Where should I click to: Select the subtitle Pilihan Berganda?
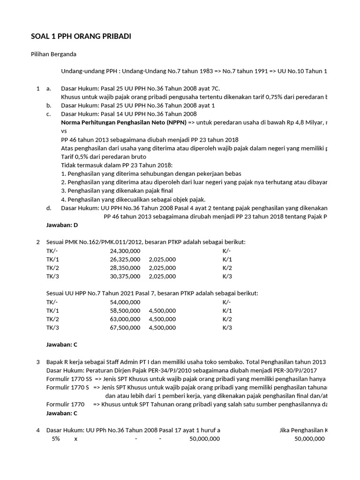point(54,54)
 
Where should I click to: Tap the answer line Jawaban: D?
point(62,225)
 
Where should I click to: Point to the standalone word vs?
point(64,131)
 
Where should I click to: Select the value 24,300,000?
point(125,251)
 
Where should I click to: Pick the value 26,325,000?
point(125,259)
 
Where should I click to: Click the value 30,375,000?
point(125,276)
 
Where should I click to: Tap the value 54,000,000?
point(125,302)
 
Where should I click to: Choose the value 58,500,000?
point(125,310)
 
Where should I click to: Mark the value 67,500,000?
point(125,327)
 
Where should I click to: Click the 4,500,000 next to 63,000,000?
point(162,319)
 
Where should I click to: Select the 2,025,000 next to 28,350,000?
point(162,268)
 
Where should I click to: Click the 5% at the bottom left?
point(56,439)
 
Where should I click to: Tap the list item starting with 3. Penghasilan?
point(117,191)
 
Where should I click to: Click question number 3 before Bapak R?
point(38,362)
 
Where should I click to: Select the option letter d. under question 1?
point(49,208)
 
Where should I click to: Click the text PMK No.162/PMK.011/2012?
point(102,242)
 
